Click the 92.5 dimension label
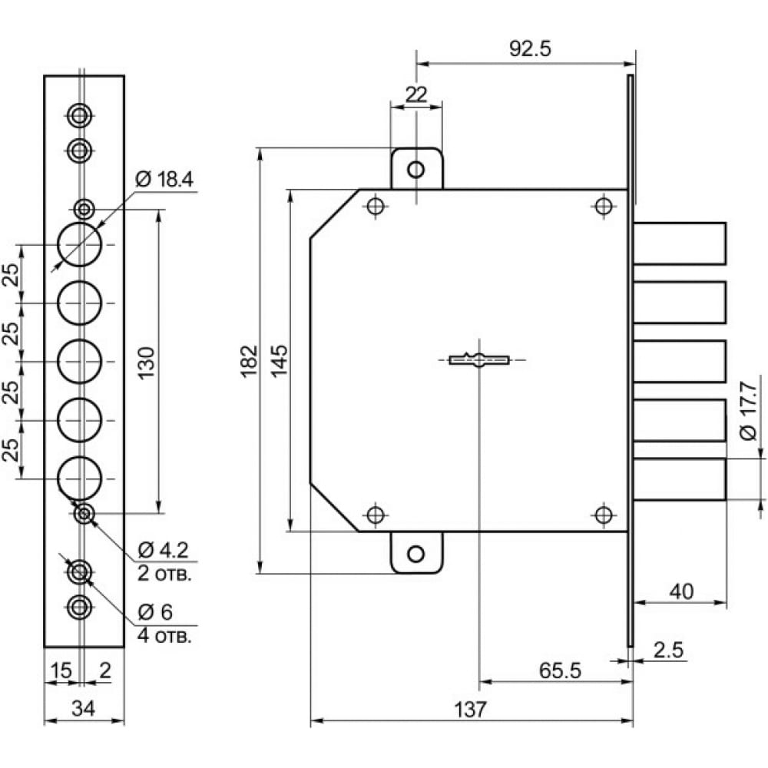tap(530, 48)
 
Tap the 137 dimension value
tap(470, 709)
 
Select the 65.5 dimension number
tap(560, 670)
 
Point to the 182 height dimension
tap(250, 360)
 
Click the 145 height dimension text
tap(280, 360)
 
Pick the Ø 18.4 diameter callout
tap(164, 180)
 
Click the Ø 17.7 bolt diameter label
tap(748, 411)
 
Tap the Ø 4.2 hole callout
tap(163, 550)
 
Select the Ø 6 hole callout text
tap(155, 612)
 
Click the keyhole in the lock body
tap(479, 360)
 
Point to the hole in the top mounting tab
tap(415, 170)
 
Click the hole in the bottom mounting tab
tap(415, 554)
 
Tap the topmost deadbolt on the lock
tap(680, 243)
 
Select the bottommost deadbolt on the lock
tap(680, 479)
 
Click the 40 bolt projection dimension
tap(681, 591)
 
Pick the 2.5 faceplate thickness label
tap(668, 650)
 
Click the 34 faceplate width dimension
tap(83, 708)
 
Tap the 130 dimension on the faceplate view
tap(146, 362)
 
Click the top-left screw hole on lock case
tap(376, 206)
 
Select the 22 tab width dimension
tap(416, 94)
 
